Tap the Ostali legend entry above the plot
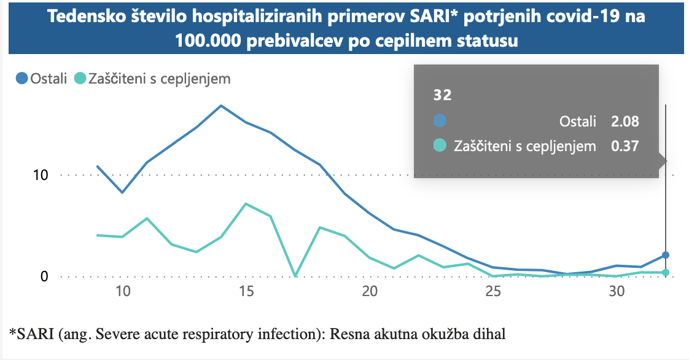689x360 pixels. tap(42, 79)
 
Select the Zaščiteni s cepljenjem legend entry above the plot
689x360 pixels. tap(152, 79)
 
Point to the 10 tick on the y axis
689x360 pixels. tap(41, 175)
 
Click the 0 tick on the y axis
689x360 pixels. tap(44, 276)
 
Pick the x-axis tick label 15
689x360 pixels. tap(246, 292)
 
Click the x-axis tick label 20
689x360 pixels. tap(370, 292)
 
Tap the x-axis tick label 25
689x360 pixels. tap(493, 292)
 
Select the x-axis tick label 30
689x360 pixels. tap(617, 292)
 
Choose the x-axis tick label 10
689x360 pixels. tap(123, 292)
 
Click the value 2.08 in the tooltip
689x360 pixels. tap(625, 122)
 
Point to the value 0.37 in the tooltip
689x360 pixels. tap(625, 146)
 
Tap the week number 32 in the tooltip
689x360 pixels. tap(442, 95)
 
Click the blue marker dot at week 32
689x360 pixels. tap(666, 255)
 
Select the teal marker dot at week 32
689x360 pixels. tap(666, 273)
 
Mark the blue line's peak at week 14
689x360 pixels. tap(221, 106)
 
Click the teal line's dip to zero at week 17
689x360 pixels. tap(295, 276)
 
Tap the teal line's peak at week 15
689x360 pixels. tap(246, 203)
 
